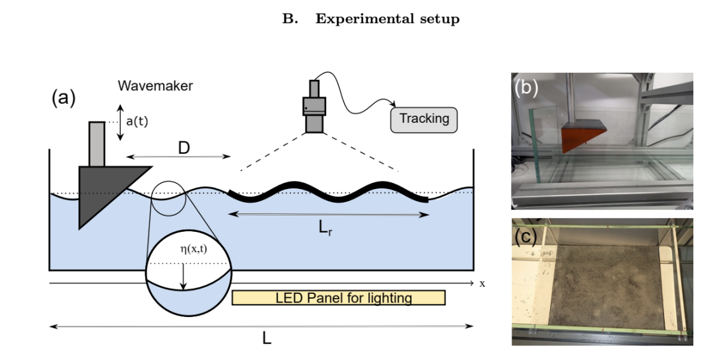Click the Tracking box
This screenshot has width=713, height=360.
[424, 120]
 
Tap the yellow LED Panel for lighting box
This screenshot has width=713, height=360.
[339, 298]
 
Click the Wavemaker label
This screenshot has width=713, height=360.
[155, 86]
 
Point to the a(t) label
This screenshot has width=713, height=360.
[137, 122]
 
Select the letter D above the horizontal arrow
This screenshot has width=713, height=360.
[184, 148]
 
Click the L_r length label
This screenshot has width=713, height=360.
[325, 228]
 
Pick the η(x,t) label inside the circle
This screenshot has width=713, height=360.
[193, 249]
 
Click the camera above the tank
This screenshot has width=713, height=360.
[314, 106]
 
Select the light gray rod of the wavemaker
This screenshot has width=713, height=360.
[97, 144]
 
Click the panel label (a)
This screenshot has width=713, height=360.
[63, 98]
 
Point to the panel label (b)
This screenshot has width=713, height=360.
[526, 87]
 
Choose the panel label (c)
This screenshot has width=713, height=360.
[526, 236]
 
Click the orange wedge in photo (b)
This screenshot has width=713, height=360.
[580, 138]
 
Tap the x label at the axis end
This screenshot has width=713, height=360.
[482, 283]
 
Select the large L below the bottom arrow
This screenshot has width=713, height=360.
[267, 338]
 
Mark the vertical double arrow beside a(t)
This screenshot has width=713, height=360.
[120, 122]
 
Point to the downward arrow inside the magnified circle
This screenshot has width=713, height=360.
[184, 276]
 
